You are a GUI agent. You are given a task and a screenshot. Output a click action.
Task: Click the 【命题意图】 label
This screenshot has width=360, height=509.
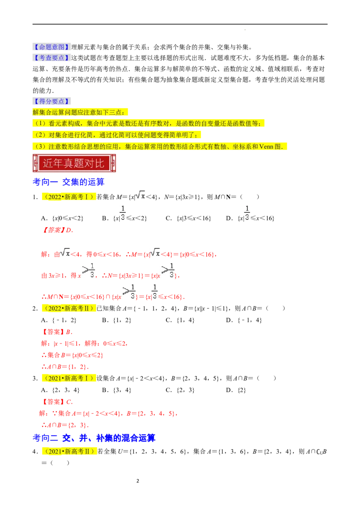(52, 47)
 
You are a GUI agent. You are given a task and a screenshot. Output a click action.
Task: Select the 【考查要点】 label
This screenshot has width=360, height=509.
(52, 58)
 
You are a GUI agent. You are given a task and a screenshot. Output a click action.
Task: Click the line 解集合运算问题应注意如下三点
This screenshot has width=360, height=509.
(81, 112)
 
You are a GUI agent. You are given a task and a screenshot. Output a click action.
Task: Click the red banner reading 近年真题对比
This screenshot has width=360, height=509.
(74, 163)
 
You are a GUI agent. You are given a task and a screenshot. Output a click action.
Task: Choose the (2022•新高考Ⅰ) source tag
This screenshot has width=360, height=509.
(68, 196)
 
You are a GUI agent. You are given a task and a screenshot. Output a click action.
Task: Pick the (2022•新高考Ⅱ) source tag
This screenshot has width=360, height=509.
(68, 308)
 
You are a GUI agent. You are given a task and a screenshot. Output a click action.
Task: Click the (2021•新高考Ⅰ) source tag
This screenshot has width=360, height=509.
(68, 378)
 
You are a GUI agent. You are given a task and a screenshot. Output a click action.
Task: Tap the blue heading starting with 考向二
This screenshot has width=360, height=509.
(94, 437)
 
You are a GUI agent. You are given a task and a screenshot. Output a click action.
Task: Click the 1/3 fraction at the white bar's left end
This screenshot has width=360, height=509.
(122, 212)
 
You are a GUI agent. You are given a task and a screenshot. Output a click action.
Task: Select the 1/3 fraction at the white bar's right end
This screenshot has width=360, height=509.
(246, 212)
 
